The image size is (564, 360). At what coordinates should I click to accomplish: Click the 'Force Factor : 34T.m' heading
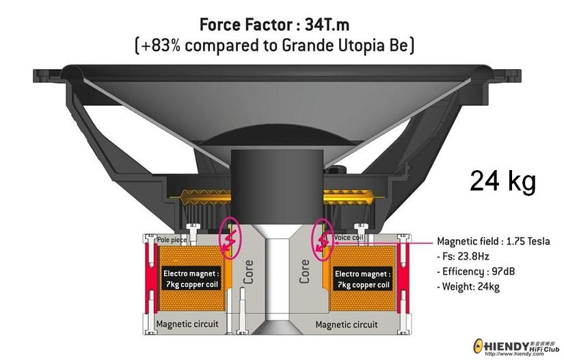tap(274, 25)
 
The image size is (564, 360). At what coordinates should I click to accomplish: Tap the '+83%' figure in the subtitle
tap(159, 46)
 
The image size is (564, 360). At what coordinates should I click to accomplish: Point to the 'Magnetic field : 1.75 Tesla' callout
tap(493, 241)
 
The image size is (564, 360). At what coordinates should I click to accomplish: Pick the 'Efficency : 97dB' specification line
tap(476, 271)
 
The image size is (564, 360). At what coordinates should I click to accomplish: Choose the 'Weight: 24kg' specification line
tap(468, 287)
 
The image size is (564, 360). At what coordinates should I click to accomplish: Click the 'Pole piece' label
tap(172, 240)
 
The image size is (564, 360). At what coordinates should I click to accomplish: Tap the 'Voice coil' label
tap(349, 238)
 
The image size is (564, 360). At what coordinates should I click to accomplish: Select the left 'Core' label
tap(248, 272)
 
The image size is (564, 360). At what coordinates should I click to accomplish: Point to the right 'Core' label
tap(304, 271)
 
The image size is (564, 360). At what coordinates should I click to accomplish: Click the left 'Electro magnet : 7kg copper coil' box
tap(191, 279)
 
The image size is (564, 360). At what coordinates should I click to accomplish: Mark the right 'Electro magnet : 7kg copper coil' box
tap(362, 279)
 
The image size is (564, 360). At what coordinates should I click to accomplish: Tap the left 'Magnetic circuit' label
tap(187, 324)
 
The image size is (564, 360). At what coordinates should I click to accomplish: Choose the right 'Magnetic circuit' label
tap(347, 324)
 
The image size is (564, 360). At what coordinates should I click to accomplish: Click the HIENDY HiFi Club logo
tap(517, 347)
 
